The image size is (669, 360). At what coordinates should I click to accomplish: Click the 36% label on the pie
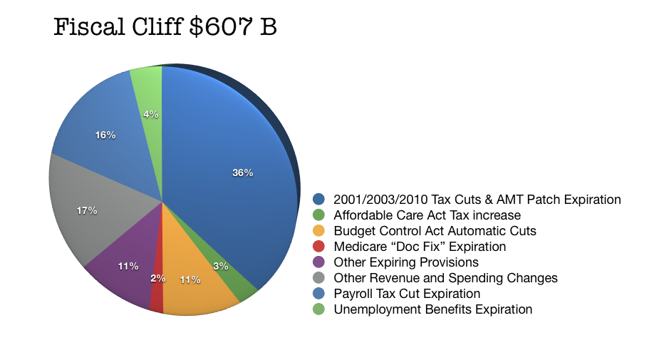[242, 173]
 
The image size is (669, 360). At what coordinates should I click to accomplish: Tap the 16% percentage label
[105, 135]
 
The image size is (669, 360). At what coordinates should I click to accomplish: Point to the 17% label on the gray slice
[87, 210]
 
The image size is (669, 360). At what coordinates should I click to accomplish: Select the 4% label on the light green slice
[150, 114]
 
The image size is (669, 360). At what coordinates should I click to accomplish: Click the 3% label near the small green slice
[220, 266]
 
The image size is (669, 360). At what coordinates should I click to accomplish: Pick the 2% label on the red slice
[157, 278]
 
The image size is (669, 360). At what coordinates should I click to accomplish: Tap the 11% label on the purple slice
[128, 266]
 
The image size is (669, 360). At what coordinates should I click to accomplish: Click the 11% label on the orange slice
[190, 280]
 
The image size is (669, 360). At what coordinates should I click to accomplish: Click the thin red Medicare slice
[157, 299]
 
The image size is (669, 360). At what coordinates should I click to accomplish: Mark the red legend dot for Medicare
[319, 247]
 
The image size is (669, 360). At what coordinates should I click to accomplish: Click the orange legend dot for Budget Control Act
[319, 231]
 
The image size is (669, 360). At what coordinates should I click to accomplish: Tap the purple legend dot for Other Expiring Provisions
[319, 262]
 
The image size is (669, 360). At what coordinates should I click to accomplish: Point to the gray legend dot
[319, 278]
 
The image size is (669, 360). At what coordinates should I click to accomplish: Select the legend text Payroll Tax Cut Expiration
[407, 294]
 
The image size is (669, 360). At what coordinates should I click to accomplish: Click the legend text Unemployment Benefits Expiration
[433, 309]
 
